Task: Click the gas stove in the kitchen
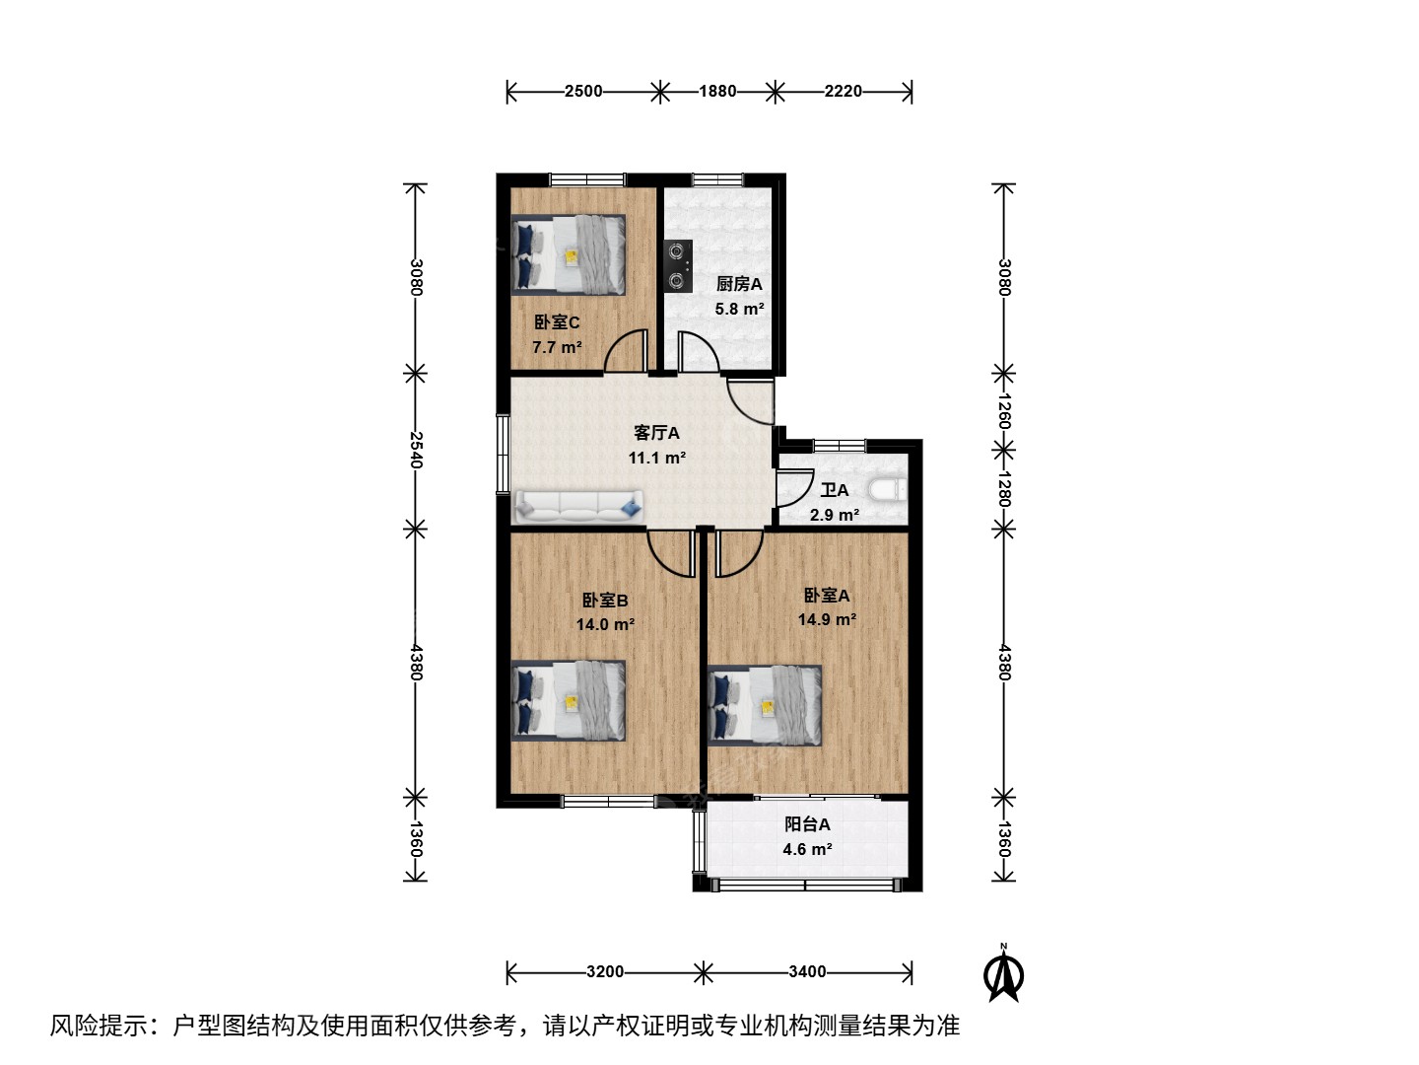[x=678, y=266]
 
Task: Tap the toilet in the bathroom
[x=888, y=490]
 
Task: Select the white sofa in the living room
[x=579, y=507]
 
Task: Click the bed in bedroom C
[x=569, y=254]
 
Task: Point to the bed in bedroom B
[x=569, y=700]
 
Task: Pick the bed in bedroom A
[x=764, y=705]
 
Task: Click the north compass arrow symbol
[x=1003, y=975]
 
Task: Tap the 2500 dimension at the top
[x=583, y=91]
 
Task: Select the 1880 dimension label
[x=717, y=91]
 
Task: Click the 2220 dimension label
[x=843, y=91]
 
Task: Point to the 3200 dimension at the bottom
[x=605, y=972]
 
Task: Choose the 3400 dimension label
[x=807, y=972]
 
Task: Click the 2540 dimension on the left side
[x=416, y=450]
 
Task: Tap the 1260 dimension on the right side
[x=1003, y=410]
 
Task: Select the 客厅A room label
[x=656, y=433]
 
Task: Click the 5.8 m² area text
[x=740, y=309]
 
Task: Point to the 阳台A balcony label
[x=807, y=824]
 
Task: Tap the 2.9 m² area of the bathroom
[x=835, y=515]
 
